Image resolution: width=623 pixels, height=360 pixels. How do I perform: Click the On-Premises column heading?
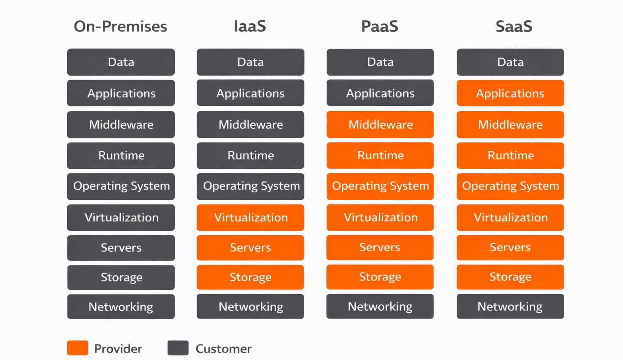[120, 27]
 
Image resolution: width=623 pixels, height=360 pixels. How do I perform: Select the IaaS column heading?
[250, 27]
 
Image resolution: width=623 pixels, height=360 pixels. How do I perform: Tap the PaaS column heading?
[380, 27]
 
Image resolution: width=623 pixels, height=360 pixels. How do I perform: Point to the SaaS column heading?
[513, 27]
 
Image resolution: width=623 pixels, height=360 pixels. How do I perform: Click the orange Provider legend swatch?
[78, 348]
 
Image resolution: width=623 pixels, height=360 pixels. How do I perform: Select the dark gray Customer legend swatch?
[178, 348]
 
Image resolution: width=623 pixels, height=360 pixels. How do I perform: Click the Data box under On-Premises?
[121, 62]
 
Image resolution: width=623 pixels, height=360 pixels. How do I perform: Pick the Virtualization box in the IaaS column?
[251, 217]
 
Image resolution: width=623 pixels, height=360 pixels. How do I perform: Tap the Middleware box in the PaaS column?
[380, 124]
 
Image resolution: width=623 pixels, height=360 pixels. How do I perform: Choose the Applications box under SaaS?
[510, 93]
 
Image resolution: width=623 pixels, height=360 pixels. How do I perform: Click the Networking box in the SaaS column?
[510, 306]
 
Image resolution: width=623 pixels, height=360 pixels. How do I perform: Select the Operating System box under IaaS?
[251, 186]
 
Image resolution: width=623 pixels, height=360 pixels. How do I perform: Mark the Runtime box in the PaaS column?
[380, 156]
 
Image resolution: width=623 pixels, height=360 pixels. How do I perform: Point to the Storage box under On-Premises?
[121, 277]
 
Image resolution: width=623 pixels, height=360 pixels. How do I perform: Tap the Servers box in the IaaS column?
[251, 248]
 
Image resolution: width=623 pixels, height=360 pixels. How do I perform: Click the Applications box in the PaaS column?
[380, 93]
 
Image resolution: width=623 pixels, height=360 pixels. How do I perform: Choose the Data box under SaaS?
[510, 62]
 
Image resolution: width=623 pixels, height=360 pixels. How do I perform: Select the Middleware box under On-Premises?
[121, 124]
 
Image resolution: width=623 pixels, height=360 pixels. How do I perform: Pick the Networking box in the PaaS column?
[380, 306]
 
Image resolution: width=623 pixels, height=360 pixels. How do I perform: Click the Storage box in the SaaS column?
[510, 277]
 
